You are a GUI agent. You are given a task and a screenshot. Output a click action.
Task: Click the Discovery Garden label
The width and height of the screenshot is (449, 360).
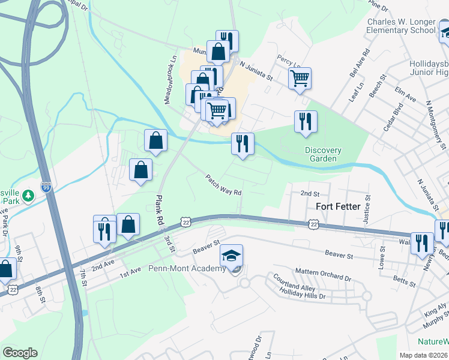point(323,155)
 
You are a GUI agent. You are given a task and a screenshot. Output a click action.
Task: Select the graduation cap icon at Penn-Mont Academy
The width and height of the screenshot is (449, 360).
point(232,256)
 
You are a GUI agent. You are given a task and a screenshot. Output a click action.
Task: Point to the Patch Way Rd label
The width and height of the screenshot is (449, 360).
point(223,185)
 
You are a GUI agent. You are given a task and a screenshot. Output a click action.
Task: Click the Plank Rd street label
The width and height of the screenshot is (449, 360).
point(160,210)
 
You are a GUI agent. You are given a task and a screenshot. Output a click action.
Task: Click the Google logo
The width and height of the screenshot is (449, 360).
point(20,353)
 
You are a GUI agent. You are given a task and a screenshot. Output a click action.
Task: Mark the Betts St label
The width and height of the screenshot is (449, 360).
point(403,282)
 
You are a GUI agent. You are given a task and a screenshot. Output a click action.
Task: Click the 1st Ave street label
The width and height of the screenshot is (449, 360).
point(133,274)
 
